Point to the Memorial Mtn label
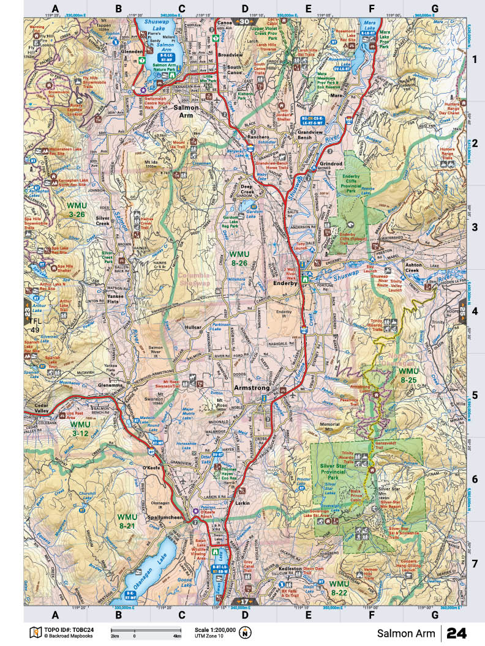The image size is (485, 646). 334,426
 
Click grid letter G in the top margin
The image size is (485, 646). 434,9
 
